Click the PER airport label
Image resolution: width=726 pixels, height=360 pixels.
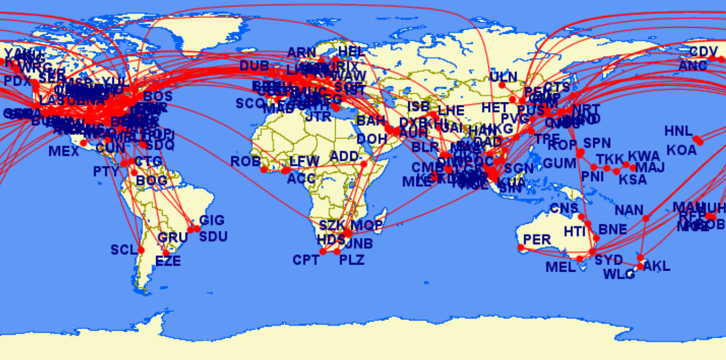537,240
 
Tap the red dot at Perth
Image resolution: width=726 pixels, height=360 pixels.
521,248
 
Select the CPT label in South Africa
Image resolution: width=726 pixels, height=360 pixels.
306,260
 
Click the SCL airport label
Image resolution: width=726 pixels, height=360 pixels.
124,250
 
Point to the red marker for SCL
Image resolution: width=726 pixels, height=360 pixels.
141,250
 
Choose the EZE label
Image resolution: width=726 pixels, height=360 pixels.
168,261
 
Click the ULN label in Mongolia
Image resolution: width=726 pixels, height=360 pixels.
503,76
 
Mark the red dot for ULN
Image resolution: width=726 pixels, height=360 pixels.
502,85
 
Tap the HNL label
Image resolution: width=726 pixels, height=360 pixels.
678,131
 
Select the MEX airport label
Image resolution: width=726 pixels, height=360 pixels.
64,151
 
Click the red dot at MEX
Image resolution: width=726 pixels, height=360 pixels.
83,143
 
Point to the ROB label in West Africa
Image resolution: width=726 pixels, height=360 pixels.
246,162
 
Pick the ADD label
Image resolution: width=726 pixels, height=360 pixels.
344,157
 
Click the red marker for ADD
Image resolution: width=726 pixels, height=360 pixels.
363,164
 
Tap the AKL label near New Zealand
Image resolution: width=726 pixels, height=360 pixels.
657,266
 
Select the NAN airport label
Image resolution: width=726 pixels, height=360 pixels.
629,210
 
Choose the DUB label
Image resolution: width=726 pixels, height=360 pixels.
254,66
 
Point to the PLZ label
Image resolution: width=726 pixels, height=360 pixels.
352,260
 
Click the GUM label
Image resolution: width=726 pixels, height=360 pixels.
560,163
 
